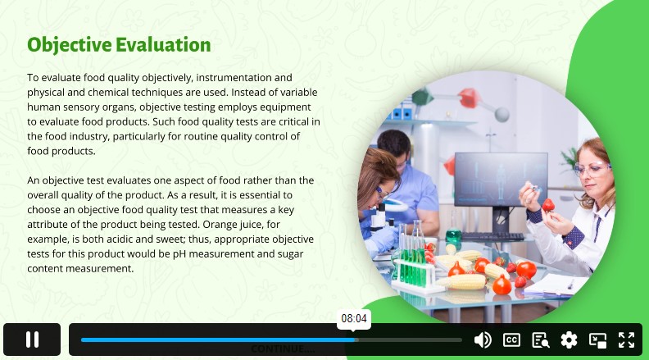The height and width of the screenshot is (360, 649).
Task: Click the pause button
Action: click(x=32, y=339)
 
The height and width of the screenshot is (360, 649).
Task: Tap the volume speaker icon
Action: click(x=483, y=340)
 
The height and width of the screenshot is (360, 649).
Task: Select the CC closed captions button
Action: click(x=511, y=340)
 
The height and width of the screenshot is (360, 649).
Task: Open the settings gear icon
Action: click(x=570, y=340)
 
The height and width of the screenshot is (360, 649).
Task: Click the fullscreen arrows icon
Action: click(x=627, y=340)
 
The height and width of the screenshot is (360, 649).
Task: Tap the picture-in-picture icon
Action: click(x=597, y=340)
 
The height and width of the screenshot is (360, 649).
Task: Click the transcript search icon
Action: click(x=541, y=340)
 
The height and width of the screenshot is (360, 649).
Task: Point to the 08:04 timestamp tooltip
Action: click(x=354, y=318)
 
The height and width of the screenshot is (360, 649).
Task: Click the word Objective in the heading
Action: click(x=70, y=45)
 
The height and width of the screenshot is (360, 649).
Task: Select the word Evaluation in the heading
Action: click(x=164, y=45)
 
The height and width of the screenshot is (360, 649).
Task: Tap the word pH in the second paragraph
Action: click(x=179, y=254)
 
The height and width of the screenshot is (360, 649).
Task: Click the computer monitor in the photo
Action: click(x=501, y=179)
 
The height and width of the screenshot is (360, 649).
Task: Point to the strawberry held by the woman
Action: click(x=548, y=205)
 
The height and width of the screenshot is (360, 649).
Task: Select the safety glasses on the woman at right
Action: click(x=591, y=169)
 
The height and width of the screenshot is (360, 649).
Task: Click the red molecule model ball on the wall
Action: click(x=468, y=98)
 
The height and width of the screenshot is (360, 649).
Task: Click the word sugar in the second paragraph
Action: click(x=290, y=254)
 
